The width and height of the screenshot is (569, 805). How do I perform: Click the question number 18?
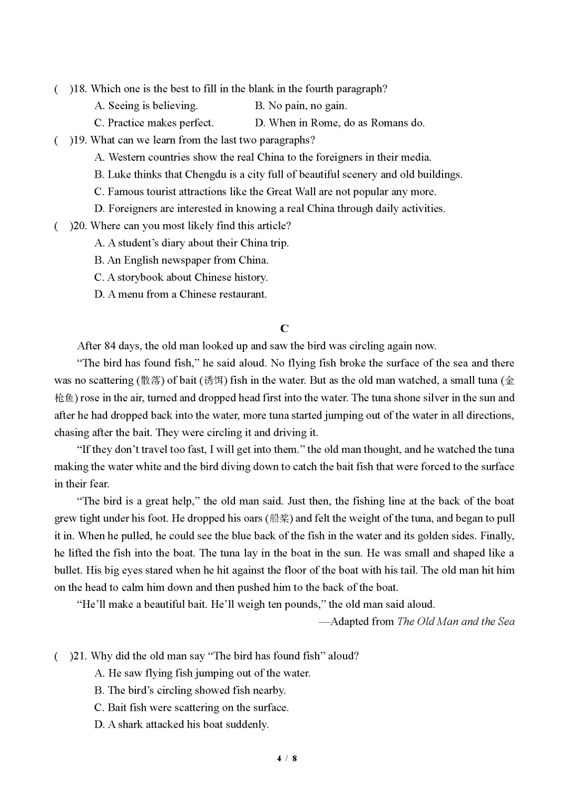coord(80,89)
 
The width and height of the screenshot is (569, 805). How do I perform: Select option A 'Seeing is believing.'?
coord(146,105)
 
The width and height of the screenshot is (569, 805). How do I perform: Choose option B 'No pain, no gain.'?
coord(301,105)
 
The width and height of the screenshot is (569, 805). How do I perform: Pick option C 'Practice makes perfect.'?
coord(154,123)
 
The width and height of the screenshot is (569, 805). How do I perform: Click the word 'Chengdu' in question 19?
coord(205,174)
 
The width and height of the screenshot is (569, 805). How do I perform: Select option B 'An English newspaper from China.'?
coord(182,260)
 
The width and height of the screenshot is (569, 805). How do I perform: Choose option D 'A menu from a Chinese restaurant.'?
coord(181,294)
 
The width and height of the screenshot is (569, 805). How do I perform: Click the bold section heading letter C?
coord(284,328)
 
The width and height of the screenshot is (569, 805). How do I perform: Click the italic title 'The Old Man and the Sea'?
coord(456,622)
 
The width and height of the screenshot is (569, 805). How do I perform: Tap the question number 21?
coord(80,656)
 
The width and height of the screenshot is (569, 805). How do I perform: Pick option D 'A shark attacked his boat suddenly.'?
coord(182,724)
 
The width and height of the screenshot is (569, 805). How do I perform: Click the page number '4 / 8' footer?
coord(287,759)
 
